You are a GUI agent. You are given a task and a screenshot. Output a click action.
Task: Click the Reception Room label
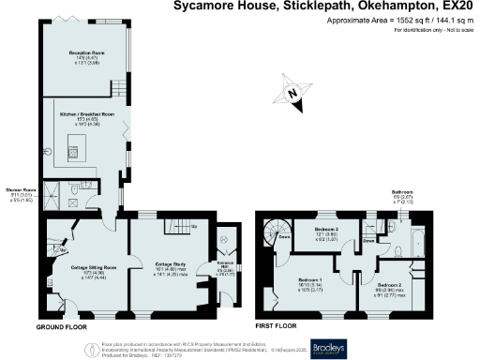click(85, 53)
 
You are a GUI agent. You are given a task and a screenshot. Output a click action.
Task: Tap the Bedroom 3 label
click(325, 230)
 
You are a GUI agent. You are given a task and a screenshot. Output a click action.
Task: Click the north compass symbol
click(292, 94)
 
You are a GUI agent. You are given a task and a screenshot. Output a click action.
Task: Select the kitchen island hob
click(73, 154)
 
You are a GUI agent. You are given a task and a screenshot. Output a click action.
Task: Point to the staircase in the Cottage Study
click(175, 227)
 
